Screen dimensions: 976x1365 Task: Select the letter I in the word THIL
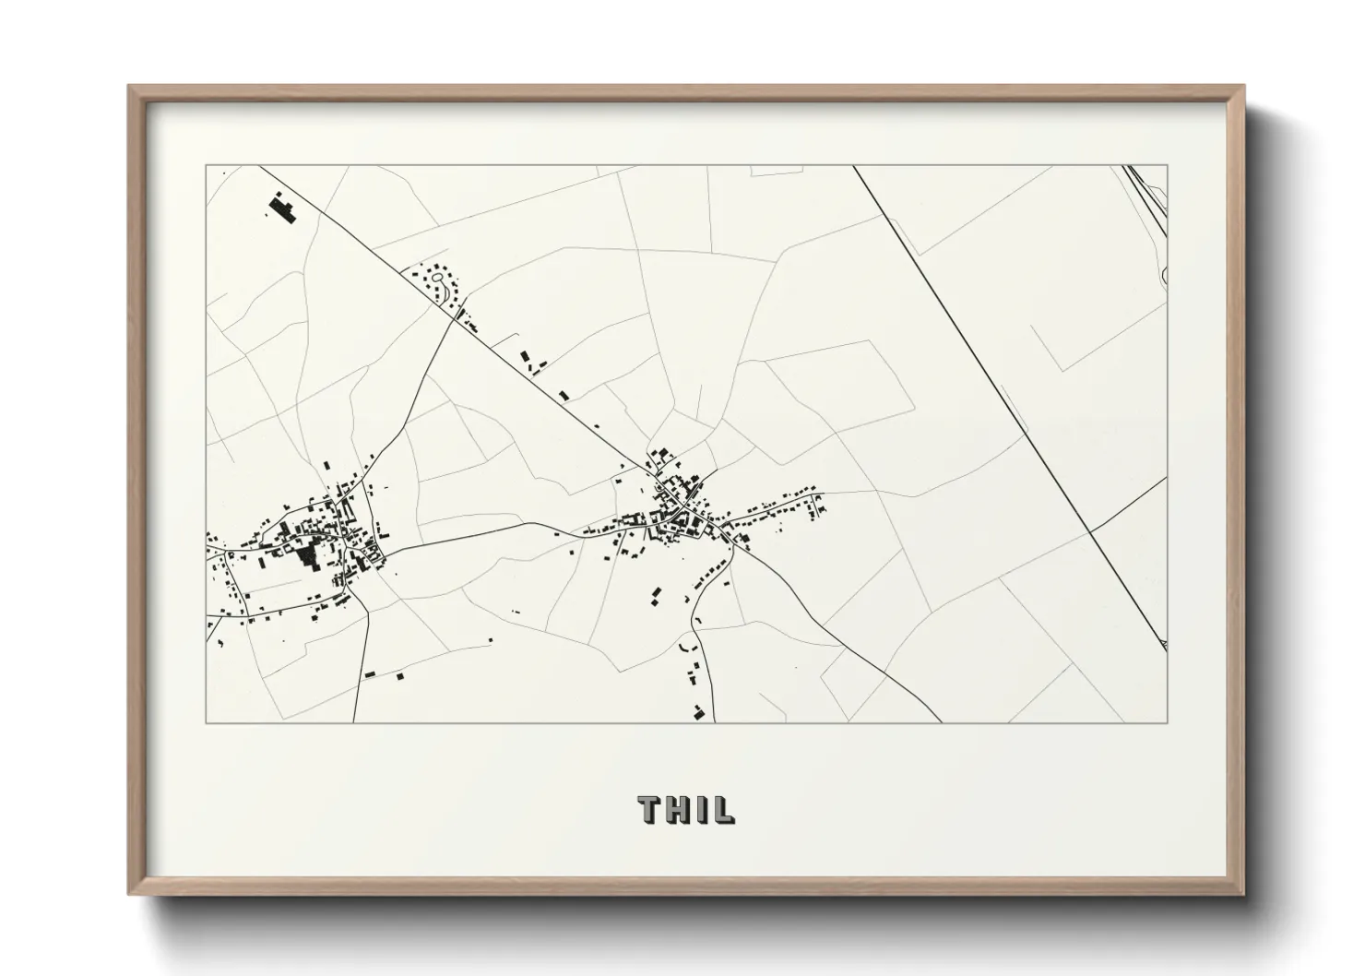tap(702, 809)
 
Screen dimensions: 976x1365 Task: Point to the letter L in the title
tap(723, 809)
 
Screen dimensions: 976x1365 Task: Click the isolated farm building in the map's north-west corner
tap(282, 208)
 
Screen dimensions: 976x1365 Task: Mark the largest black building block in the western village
tap(305, 556)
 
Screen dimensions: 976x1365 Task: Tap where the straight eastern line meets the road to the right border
tap(1090, 532)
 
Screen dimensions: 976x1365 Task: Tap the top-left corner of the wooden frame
tap(129, 87)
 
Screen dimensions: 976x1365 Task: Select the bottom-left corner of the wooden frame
tap(129, 893)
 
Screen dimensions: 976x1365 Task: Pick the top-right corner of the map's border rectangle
tap(1168, 166)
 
